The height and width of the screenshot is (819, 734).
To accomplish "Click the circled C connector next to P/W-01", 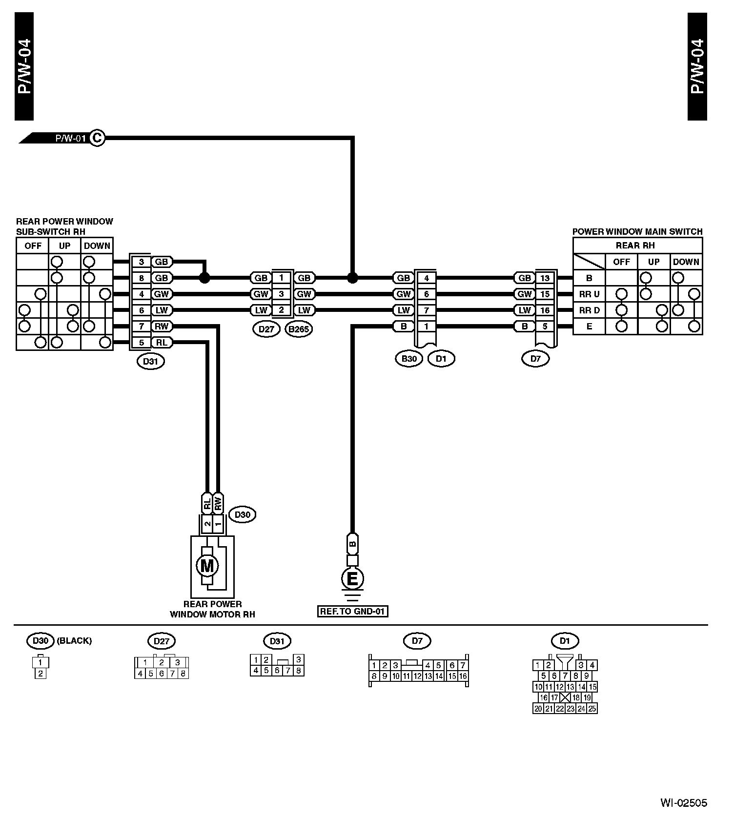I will click(97, 138).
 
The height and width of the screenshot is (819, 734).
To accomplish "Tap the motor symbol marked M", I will click(207, 566).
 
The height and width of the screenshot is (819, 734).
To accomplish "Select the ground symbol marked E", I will click(352, 579).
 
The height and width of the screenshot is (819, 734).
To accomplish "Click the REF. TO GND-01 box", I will click(353, 611).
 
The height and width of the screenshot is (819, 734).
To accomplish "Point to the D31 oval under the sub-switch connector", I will click(151, 362).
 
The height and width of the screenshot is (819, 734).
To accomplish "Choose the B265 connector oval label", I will click(299, 329).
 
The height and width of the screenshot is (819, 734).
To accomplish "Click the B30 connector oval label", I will click(409, 359).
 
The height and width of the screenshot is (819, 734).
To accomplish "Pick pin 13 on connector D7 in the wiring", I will click(545, 278).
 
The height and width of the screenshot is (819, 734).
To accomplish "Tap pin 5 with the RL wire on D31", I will click(142, 343).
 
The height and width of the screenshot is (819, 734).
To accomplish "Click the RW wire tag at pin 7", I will click(161, 327).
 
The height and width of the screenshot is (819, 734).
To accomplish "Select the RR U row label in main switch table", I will click(589, 294).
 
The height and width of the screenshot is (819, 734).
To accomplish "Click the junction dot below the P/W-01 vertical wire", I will click(352, 278).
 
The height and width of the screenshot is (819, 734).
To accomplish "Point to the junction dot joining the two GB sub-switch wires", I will click(205, 278).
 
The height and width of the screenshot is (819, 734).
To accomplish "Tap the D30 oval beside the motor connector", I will click(243, 514).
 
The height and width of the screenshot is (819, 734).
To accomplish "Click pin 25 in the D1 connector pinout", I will click(592, 709).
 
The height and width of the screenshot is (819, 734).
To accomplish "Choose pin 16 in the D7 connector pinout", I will click(463, 676).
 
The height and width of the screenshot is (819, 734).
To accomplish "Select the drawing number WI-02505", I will click(684, 803).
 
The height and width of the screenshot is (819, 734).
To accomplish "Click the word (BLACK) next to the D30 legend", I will click(75, 641).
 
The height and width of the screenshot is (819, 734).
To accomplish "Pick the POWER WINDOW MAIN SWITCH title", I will click(637, 231).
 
